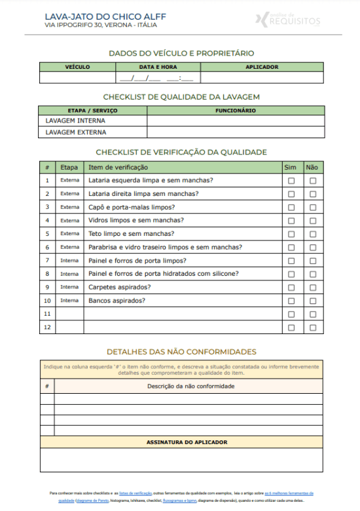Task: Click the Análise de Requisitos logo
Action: [287, 20]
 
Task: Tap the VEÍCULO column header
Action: [77, 67]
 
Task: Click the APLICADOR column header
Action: [262, 67]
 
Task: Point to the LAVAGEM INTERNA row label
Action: [75, 121]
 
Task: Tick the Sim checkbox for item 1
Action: [291, 181]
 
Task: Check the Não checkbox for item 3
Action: [313, 207]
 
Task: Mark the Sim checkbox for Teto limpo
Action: [291, 234]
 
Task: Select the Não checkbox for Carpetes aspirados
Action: [313, 287]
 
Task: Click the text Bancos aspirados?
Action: [117, 301]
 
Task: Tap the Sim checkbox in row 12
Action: [291, 327]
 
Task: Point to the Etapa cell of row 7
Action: [69, 261]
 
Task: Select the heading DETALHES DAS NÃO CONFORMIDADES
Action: [181, 352]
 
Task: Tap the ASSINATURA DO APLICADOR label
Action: [187, 442]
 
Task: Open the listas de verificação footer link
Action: [135, 493]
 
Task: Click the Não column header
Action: [312, 168]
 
